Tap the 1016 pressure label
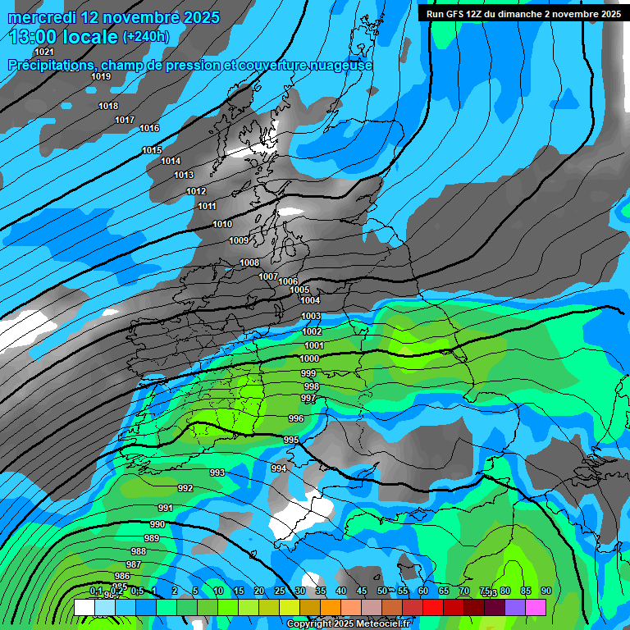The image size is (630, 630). point(149,128)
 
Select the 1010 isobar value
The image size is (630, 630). point(222,224)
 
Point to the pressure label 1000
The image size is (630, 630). point(309,358)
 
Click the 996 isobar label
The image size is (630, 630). point(296,418)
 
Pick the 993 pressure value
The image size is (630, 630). point(217,472)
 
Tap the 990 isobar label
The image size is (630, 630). point(157,524)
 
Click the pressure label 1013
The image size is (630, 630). point(184,175)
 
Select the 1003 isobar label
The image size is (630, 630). point(311,316)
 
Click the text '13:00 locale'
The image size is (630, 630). point(63,36)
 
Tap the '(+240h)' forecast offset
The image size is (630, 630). point(146,36)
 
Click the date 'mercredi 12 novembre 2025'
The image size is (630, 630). point(113,16)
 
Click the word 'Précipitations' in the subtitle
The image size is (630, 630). point(48,66)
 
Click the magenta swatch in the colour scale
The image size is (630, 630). point(536,607)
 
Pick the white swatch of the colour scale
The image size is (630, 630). point(84,607)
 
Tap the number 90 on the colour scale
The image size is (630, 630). point(546,591)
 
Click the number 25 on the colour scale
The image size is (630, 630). point(280,591)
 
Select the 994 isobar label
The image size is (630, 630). point(279,468)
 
